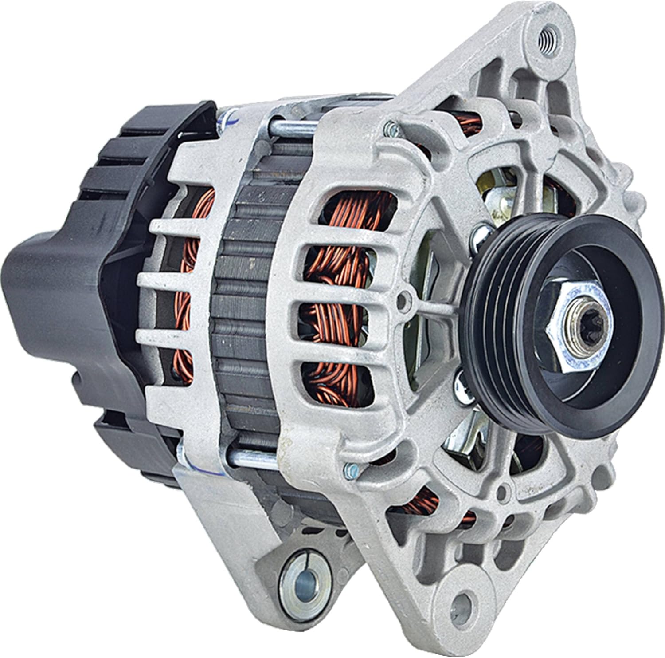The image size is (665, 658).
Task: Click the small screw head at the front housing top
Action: [x=390, y=129]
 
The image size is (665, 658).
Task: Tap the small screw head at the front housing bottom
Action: [x=350, y=467]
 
